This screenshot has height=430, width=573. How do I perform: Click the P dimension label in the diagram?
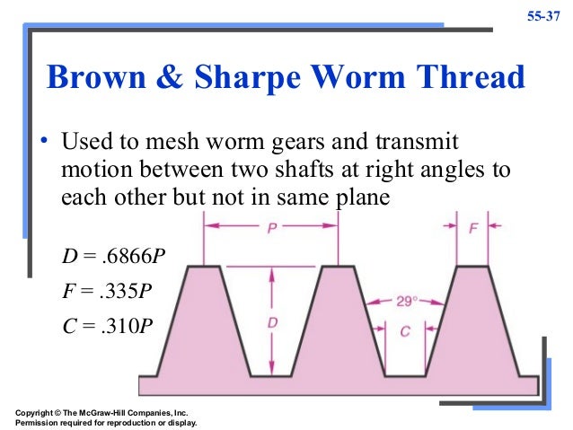(x=271, y=228)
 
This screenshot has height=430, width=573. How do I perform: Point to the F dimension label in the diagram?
(x=472, y=228)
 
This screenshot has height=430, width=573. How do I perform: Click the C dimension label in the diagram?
(x=405, y=332)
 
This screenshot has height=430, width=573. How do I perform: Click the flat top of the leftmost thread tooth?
(x=204, y=267)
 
